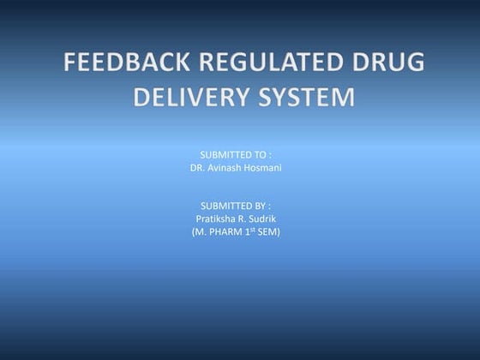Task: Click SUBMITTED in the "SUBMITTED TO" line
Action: (x=224, y=154)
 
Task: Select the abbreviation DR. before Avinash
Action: (x=198, y=168)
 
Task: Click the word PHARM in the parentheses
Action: (x=225, y=232)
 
